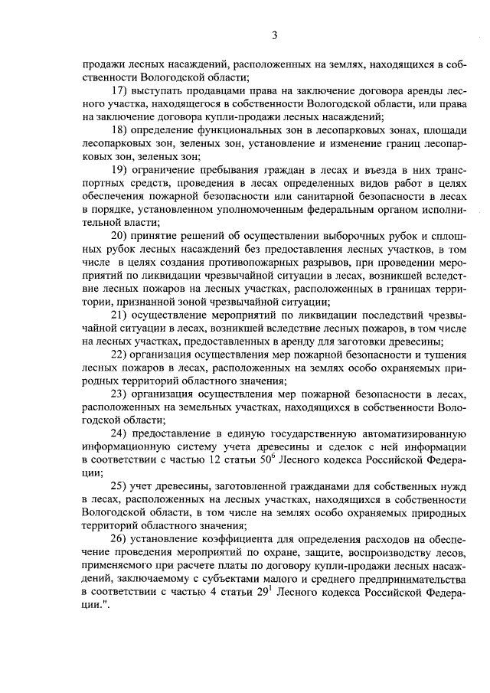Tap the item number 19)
pyautogui.click(x=120, y=167)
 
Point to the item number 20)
pyautogui.click(x=120, y=234)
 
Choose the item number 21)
pyautogui.click(x=120, y=314)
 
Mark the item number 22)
pyautogui.click(x=120, y=354)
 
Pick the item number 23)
pyautogui.click(x=120, y=394)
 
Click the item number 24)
pyautogui.click(x=120, y=433)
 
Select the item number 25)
pyautogui.click(x=120, y=485)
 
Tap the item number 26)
pyautogui.click(x=120, y=538)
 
